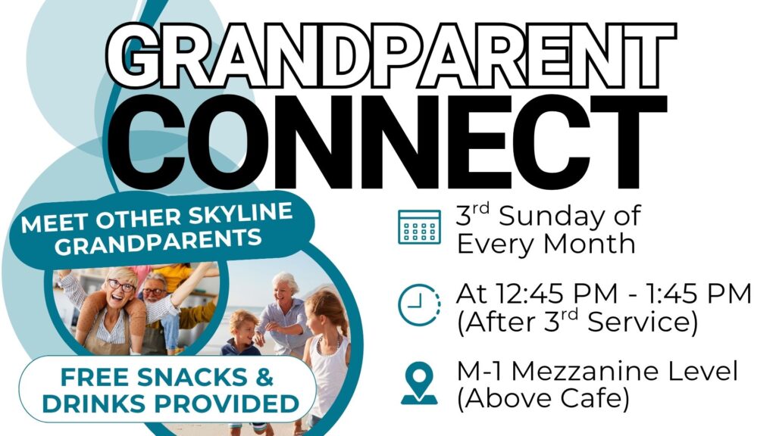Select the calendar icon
[419, 227]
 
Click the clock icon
[419, 304]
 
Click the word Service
[643, 322]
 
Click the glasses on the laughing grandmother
[121, 286]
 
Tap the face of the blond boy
[242, 329]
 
